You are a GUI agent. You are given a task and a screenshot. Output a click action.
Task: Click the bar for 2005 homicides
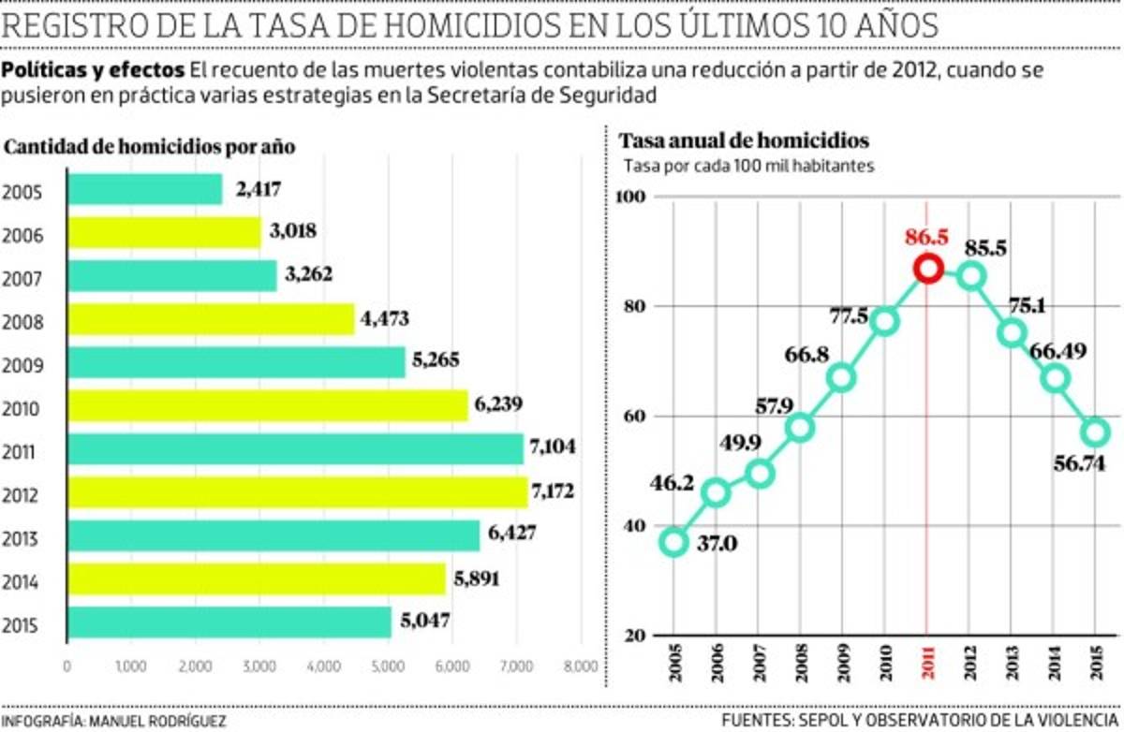(x=145, y=190)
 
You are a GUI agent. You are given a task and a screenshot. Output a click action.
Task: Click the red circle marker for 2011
(x=927, y=269)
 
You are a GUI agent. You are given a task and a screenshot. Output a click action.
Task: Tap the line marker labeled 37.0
(x=673, y=542)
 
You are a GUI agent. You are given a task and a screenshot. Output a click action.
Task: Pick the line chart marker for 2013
(x=1012, y=332)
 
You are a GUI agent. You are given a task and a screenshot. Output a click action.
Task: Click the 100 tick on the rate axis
(x=637, y=198)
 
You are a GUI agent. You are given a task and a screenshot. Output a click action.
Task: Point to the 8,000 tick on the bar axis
(x=581, y=667)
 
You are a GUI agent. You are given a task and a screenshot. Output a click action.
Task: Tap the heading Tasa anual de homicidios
(x=744, y=141)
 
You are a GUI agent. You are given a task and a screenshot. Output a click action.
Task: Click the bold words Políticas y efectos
(x=94, y=70)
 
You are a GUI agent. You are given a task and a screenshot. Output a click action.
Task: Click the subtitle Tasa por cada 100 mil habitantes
(x=749, y=167)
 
